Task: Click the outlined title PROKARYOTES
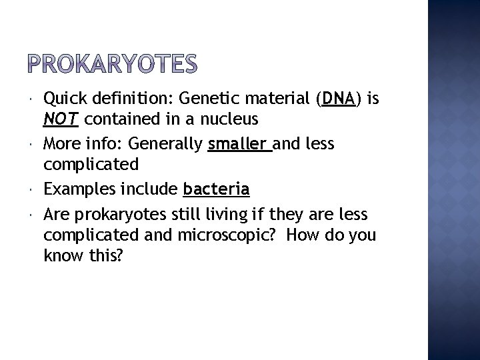coord(114,65)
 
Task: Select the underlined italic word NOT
coord(61,119)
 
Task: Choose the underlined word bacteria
coord(216,190)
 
